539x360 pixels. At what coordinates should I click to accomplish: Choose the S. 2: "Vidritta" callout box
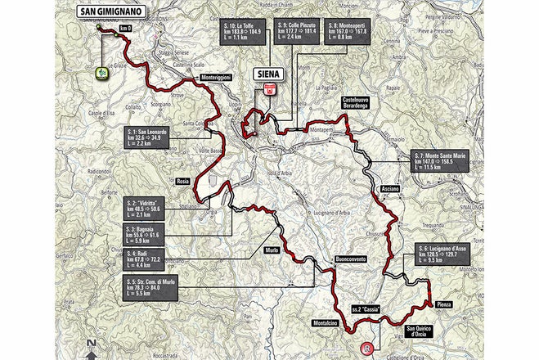[146, 207]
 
